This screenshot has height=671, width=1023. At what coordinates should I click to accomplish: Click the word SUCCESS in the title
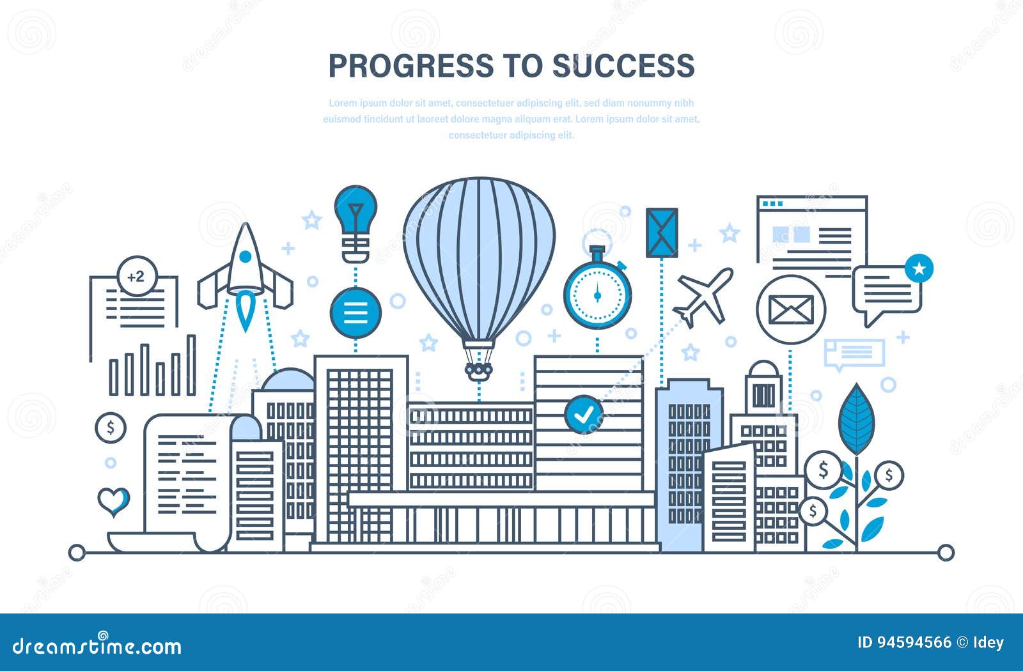tap(623, 66)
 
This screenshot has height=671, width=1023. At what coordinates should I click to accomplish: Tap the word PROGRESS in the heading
tap(411, 66)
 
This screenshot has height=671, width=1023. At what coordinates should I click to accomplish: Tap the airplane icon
tap(703, 296)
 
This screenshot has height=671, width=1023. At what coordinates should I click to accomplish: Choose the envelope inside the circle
tap(791, 310)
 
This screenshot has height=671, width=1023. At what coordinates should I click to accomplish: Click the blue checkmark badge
tap(583, 414)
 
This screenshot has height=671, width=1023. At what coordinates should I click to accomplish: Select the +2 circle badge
tap(137, 277)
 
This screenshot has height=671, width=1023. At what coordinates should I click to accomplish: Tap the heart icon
tap(114, 501)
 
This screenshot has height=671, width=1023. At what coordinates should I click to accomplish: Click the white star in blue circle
tap(919, 269)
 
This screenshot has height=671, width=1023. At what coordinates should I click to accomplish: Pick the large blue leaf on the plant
tap(856, 419)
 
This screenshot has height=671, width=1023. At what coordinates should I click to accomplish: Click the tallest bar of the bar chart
tap(191, 365)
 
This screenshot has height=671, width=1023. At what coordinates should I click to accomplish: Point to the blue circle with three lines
tap(355, 312)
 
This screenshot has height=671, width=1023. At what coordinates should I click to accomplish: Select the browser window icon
tap(812, 233)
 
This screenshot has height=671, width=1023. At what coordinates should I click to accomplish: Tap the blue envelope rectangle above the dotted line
tap(661, 233)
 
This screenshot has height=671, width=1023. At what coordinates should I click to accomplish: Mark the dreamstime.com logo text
tap(97, 646)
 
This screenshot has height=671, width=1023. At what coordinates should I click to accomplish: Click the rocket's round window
tap(245, 257)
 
